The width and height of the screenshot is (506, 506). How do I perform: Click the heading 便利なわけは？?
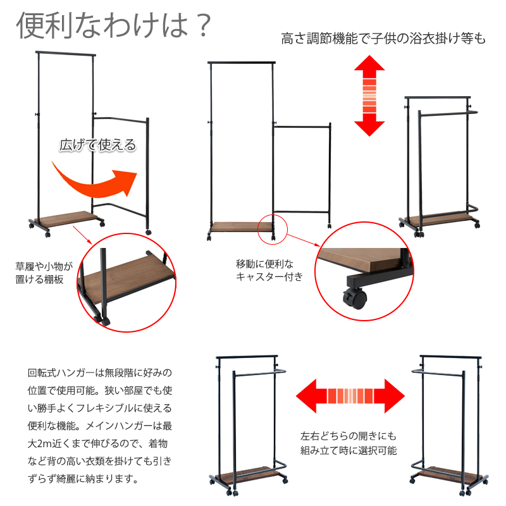(x=114, y=25)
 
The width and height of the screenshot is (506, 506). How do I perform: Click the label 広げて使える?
(x=97, y=145)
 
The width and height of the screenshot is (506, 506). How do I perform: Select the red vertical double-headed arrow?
(x=369, y=96)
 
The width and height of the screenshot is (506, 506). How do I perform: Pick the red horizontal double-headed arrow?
(x=350, y=396)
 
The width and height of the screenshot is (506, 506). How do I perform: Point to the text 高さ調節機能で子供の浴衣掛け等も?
(x=383, y=39)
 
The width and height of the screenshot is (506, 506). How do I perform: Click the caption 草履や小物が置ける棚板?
(x=44, y=273)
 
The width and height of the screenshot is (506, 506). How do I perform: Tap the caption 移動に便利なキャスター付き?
(x=269, y=271)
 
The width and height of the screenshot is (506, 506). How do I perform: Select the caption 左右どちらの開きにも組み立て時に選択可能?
(x=349, y=443)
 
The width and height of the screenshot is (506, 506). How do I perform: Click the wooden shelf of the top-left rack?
(x=66, y=218)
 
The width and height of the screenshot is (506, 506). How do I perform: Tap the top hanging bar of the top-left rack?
(x=66, y=53)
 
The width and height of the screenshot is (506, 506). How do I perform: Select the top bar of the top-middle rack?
(x=242, y=62)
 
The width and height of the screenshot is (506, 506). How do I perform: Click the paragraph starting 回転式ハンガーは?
(x=100, y=426)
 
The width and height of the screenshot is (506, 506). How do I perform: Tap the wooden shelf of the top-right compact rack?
(x=439, y=219)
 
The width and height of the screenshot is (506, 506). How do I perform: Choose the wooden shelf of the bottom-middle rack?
(x=248, y=473)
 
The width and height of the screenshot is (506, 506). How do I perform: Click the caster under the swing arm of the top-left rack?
(x=149, y=231)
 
